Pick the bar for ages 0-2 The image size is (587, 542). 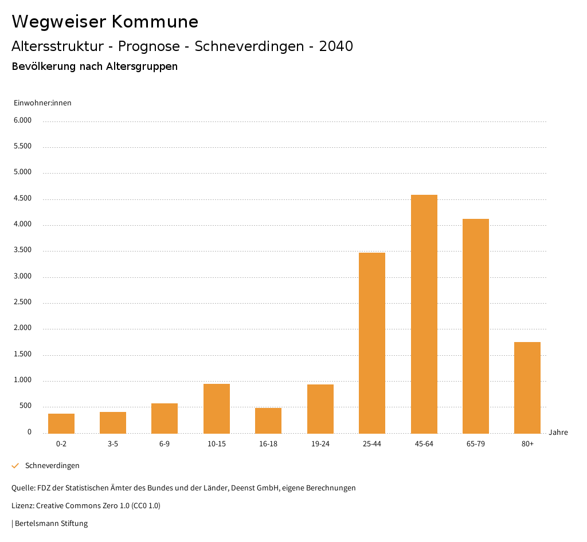[61, 423]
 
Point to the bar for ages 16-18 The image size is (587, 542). [268, 421]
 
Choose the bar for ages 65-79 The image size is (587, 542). [476, 326]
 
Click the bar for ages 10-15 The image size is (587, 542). [217, 409]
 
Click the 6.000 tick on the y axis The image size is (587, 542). [23, 120]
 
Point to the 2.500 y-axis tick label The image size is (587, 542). [23, 303]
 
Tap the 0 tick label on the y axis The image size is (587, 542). [29, 432]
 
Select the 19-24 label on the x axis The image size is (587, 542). [320, 444]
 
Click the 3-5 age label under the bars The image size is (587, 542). [113, 444]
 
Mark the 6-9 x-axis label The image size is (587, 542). [165, 444]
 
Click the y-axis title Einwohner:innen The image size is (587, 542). [42, 103]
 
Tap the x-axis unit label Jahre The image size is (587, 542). [558, 432]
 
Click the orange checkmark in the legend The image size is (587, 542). [15, 465]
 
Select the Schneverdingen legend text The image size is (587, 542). [52, 465]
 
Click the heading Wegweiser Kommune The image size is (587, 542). [105, 22]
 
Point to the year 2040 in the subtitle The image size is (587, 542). [336, 46]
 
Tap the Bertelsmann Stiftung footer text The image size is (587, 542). [51, 523]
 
